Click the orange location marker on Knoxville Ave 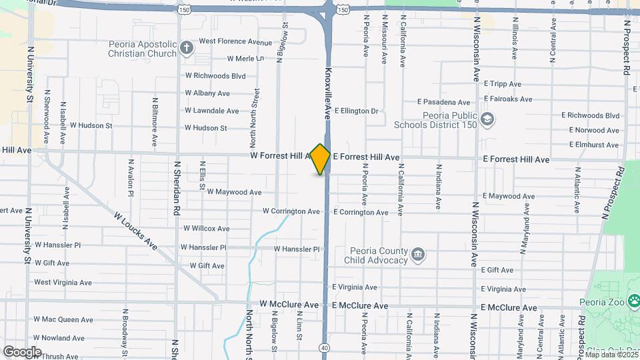pyautogui.click(x=321, y=159)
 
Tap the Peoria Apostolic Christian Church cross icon pyautogui.click(x=187, y=47)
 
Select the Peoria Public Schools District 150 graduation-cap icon pyautogui.click(x=489, y=119)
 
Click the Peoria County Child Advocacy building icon pyautogui.click(x=418, y=253)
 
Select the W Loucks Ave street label pyautogui.click(x=135, y=231)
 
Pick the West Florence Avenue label pyautogui.click(x=235, y=41)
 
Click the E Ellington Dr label pyautogui.click(x=356, y=111)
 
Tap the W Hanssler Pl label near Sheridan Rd pyautogui.click(x=205, y=247)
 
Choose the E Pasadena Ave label pyautogui.click(x=444, y=102)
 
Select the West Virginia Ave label pyautogui.click(x=63, y=282)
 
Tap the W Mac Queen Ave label pyautogui.click(x=63, y=319)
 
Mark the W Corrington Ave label pyautogui.click(x=291, y=211)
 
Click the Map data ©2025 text pyautogui.click(x=611, y=355)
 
